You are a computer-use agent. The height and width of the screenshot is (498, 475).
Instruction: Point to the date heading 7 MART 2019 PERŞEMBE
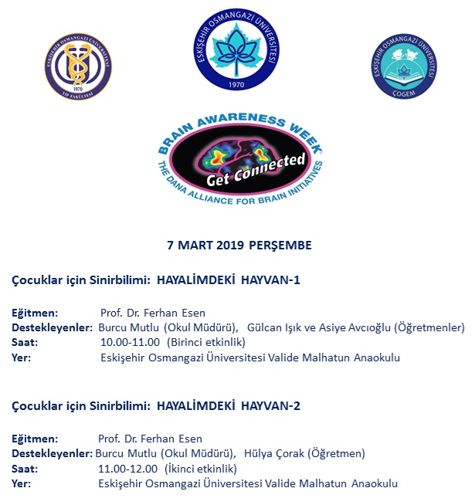point(239,246)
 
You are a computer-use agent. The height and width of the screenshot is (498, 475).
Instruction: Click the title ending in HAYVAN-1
point(155,279)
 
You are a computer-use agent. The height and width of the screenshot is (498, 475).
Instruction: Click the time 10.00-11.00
point(130,342)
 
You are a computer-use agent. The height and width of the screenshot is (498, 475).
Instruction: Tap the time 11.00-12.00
point(128,468)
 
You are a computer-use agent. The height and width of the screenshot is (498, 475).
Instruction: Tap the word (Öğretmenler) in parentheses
point(429,327)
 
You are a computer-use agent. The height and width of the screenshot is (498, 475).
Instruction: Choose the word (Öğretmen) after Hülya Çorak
point(335,453)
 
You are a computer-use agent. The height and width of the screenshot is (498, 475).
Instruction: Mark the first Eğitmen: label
point(35,313)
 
